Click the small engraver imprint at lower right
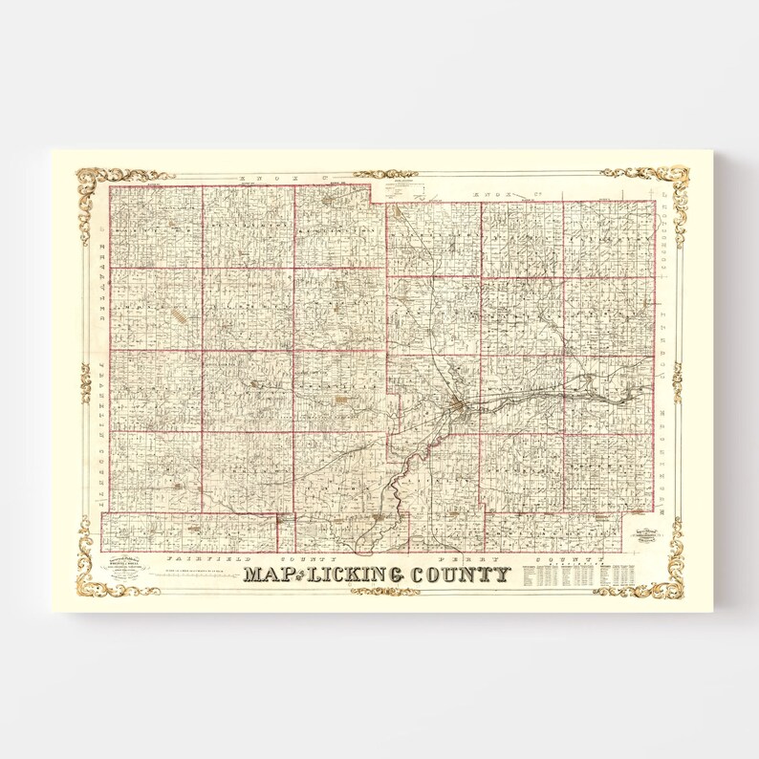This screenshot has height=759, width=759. pyautogui.click(x=644, y=535)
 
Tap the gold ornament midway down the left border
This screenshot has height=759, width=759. pyautogui.click(x=86, y=382)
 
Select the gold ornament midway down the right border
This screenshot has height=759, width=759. pyautogui.click(x=677, y=382)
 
